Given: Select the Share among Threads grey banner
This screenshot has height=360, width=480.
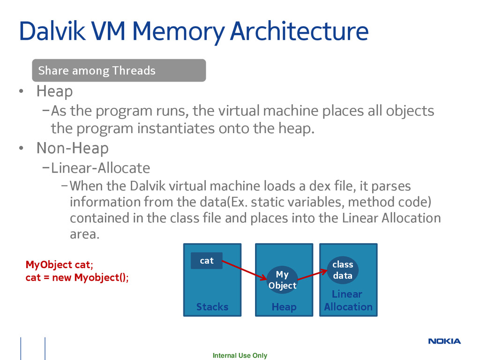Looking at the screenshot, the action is pyautogui.click(x=119, y=71).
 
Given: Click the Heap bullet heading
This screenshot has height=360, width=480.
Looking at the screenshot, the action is pyautogui.click(x=54, y=91).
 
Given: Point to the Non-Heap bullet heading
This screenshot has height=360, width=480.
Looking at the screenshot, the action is pyautogui.click(x=73, y=148).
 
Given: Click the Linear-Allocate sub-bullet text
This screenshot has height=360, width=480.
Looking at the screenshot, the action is pyautogui.click(x=100, y=167).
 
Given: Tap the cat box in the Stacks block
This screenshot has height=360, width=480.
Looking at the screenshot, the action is pyautogui.click(x=207, y=261).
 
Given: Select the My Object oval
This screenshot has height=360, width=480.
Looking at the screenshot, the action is pyautogui.click(x=282, y=280).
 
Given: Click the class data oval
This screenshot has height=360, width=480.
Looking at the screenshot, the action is pyautogui.click(x=343, y=270).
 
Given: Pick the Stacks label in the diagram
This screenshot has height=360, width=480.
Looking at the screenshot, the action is pyautogui.click(x=212, y=307).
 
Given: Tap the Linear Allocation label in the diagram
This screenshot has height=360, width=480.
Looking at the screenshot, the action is pyautogui.click(x=348, y=300).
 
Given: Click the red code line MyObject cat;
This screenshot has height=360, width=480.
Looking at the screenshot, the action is pyautogui.click(x=59, y=265).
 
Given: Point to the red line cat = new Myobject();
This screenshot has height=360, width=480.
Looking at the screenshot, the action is pyautogui.click(x=76, y=277).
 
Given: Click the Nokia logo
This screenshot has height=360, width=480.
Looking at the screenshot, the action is pyautogui.click(x=444, y=341).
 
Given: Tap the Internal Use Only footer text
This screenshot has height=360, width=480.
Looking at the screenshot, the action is pyautogui.click(x=240, y=355).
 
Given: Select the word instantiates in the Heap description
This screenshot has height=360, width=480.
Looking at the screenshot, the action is pyautogui.click(x=179, y=128).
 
